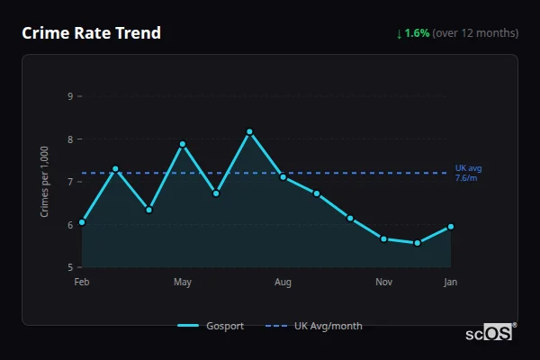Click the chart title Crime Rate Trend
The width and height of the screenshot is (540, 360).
91,33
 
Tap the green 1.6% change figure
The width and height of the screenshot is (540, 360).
417,33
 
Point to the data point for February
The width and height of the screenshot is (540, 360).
82,221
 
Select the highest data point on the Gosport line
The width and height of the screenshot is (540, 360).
249,132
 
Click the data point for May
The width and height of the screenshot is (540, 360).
183,144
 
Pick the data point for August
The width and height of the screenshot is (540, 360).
283,176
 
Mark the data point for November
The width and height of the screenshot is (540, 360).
383,238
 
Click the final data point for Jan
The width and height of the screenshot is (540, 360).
451,227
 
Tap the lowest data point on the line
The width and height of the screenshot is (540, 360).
418,243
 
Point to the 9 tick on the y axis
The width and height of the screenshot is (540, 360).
70,96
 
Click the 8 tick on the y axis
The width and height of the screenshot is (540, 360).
70,139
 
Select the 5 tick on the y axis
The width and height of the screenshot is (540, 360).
70,267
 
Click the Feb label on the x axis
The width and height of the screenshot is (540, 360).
82,283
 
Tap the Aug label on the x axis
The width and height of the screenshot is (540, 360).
283,283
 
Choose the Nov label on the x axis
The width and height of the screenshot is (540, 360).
383,283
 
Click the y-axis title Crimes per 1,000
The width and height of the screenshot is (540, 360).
45,182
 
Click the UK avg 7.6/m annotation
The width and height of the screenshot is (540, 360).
469,173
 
